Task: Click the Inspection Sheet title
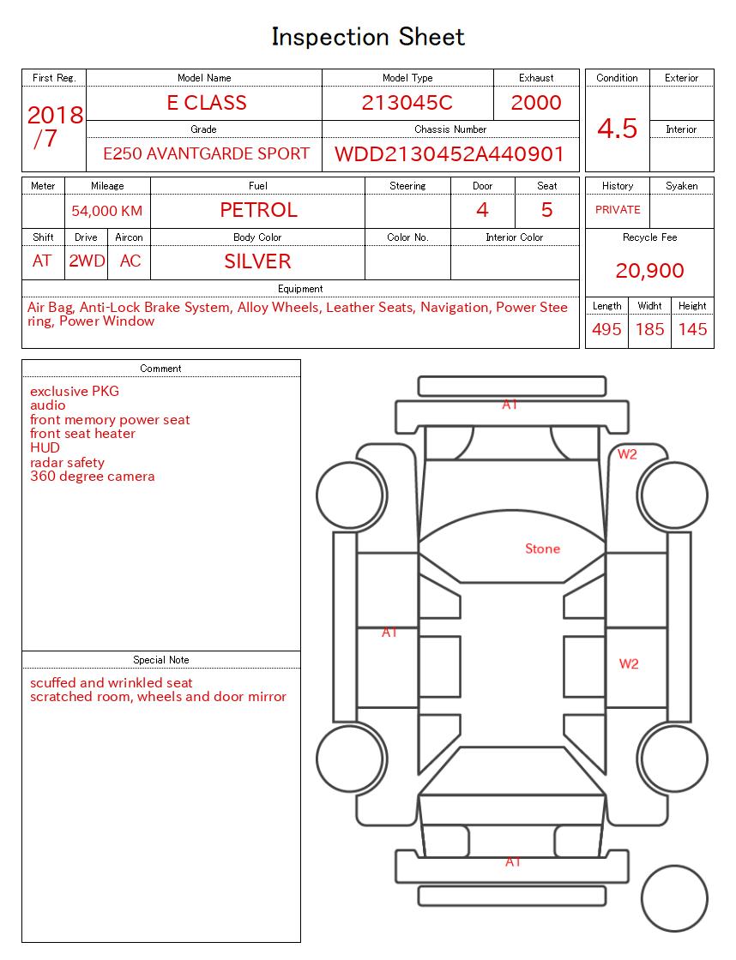pos(368,37)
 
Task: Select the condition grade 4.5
pos(617,129)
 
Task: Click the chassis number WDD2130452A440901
pos(449,154)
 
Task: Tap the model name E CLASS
pos(206,103)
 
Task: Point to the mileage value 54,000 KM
pos(107,211)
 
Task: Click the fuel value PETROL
pos(258,210)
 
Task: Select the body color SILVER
pos(257,261)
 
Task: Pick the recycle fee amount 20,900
pos(649,271)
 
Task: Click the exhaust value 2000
pos(536,103)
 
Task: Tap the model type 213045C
pos(407,103)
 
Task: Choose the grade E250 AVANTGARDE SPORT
pos(206,154)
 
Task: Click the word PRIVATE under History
pos(618,210)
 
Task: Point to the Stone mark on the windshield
pos(542,549)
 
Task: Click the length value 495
pos(606,329)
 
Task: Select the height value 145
pos(692,329)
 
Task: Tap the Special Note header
pos(161,660)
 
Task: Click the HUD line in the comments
pos(45,447)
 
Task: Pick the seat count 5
pos(546,210)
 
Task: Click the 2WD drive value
pos(87,261)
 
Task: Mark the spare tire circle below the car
pos(674,899)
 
